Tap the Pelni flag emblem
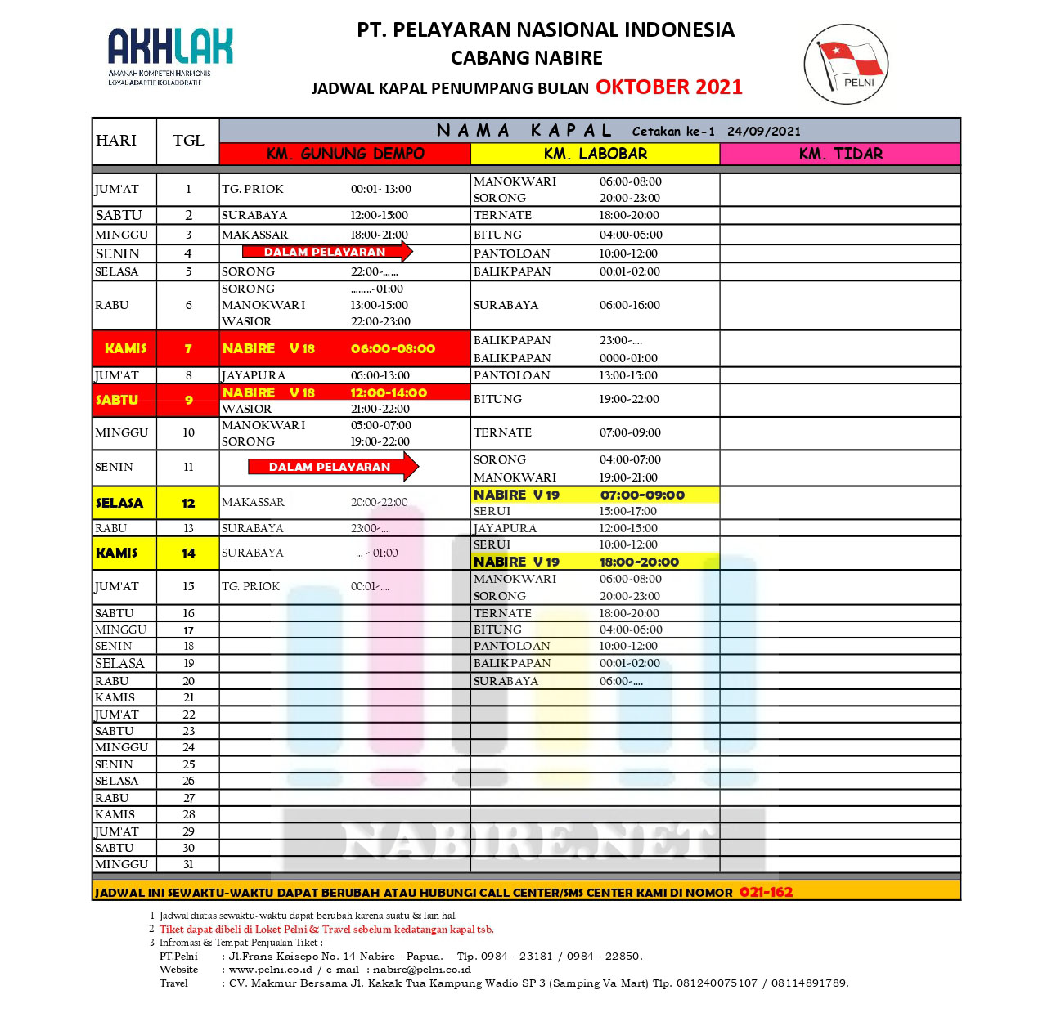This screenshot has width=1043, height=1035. tap(846, 64)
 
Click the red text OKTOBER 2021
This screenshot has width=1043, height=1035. tap(668, 87)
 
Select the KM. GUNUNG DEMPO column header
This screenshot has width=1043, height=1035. tap(344, 154)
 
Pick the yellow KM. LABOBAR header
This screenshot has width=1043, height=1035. tap(595, 154)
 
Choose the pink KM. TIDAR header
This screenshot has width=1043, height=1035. tap(840, 154)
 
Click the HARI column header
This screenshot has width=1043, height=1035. tap(116, 141)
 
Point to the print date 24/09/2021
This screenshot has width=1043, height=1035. tap(763, 131)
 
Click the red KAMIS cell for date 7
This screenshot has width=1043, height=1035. tap(125, 348)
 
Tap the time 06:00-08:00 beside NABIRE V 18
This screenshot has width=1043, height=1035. tap(393, 348)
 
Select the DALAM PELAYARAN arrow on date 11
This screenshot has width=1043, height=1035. tap(332, 467)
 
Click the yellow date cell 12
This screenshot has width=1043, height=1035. tap(188, 503)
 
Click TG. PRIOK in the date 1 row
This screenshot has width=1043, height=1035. tap(253, 189)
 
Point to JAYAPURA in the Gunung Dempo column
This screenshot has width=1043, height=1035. tap(254, 375)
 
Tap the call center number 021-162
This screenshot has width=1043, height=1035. tap(766, 892)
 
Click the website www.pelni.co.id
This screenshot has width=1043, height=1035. tap(271, 970)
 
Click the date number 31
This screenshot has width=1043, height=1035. tap(188, 864)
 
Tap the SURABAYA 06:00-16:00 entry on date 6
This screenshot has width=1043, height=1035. tap(566, 305)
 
